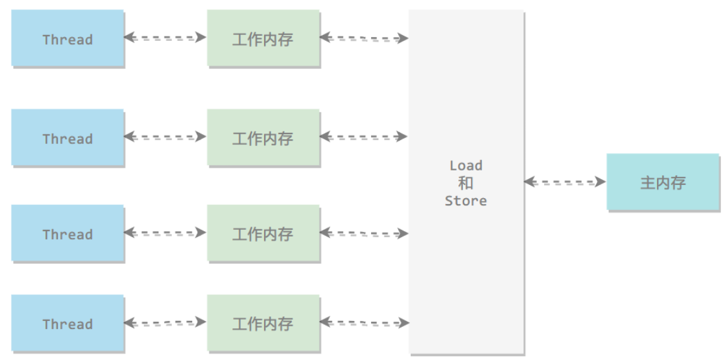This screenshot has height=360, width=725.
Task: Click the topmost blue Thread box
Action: pos(67,38)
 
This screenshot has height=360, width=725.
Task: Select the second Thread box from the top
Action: pos(67,137)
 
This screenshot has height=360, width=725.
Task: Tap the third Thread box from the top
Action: pos(67,233)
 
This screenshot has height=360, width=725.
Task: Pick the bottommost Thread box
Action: pos(67,322)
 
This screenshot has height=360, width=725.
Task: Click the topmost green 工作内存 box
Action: pos(263,38)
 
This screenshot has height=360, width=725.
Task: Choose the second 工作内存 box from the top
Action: pos(263,137)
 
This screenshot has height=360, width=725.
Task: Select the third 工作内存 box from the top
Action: pos(263,233)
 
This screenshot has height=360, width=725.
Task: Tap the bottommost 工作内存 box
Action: pos(263,322)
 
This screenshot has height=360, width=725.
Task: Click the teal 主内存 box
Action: pos(662,182)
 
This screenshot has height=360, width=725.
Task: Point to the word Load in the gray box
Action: pos(466,166)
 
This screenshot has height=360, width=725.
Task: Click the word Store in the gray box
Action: pos(466,201)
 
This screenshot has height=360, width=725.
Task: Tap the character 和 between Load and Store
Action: pos(466,183)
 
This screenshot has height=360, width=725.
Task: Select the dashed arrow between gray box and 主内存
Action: pos(565,182)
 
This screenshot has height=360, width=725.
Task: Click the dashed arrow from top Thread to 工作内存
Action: pos(165,38)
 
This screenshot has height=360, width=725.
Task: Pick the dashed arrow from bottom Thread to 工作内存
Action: pos(165,322)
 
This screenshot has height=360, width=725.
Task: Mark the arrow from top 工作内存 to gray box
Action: pos(364,38)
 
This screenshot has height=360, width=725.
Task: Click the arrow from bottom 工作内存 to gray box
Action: pos(364,322)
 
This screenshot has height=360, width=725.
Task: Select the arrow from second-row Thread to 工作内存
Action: pos(165,137)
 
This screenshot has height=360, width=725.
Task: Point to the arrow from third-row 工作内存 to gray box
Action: pos(364,233)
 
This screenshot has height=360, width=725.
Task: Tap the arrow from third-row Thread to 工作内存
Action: pos(165,233)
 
